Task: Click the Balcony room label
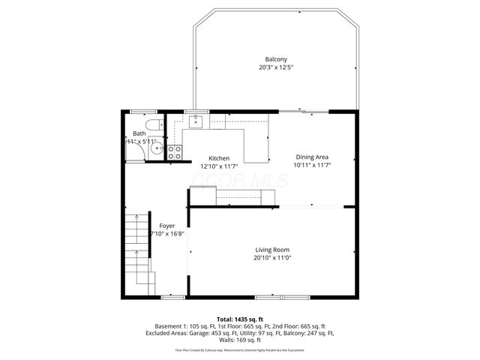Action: [275, 60]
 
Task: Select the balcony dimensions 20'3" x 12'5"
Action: [275, 67]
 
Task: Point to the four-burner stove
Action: [174, 151]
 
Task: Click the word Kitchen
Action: [219, 158]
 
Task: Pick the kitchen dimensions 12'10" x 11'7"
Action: [219, 166]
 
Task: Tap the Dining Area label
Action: [312, 157]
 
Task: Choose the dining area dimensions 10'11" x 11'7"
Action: [312, 164]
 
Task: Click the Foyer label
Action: [166, 226]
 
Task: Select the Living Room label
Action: [272, 250]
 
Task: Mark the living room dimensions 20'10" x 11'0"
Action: [272, 257]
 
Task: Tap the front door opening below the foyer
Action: [173, 297]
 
